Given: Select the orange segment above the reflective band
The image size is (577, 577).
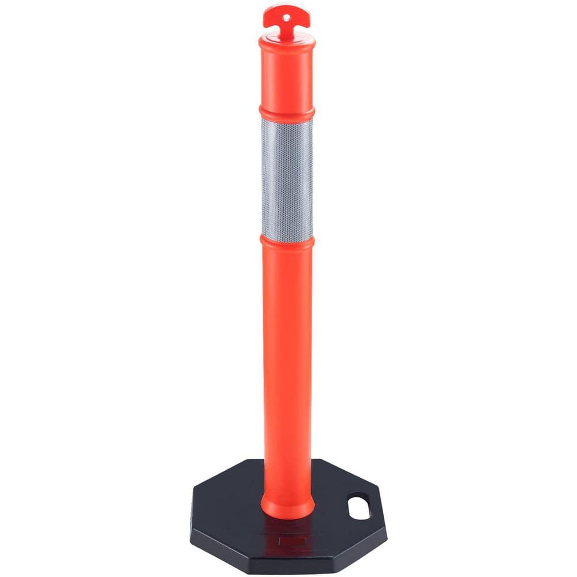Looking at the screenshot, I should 287,75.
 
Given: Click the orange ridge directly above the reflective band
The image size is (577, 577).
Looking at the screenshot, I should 287,111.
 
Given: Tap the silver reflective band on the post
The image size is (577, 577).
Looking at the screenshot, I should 287,179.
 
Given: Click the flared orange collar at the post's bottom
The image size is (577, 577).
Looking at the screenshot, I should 287,508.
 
